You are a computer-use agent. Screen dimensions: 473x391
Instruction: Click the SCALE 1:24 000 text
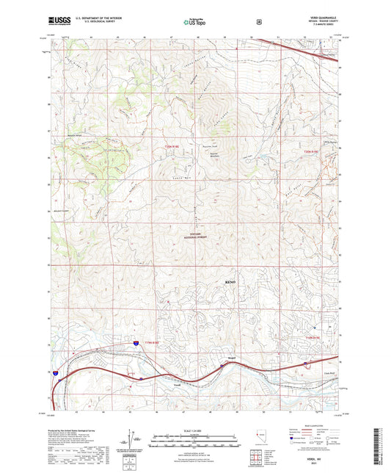pyautogui.click(x=195, y=430)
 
